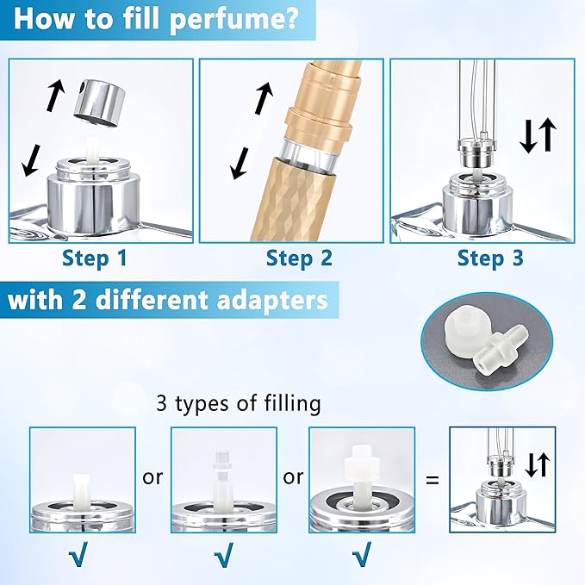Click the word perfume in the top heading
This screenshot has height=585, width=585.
click(x=234, y=19)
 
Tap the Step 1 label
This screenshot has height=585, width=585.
click(x=95, y=258)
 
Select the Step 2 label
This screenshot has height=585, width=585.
click(x=299, y=258)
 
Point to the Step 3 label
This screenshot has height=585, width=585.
click(x=490, y=258)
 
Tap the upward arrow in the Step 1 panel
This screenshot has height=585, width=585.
click(x=56, y=95)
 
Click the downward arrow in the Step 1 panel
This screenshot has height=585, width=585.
click(x=31, y=160)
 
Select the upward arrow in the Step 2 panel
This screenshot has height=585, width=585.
click(x=264, y=98)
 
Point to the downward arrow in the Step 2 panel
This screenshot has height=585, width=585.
click(x=240, y=163)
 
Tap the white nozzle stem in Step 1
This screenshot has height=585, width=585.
click(x=92, y=151)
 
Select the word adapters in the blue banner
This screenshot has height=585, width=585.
click(x=273, y=301)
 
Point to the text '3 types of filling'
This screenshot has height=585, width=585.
click(x=239, y=403)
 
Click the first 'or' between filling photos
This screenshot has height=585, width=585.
click(x=152, y=477)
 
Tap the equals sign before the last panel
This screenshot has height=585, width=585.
click(x=432, y=480)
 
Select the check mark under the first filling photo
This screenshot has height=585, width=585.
click(x=78, y=554)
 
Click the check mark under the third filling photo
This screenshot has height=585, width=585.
click(x=362, y=554)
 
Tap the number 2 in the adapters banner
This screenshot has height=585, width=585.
click(x=79, y=301)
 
